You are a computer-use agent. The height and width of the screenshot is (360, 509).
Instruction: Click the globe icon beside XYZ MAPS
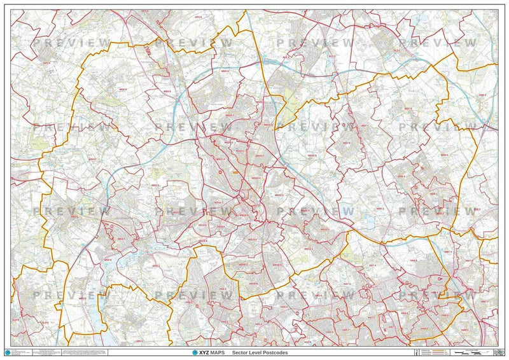(x=195, y=352)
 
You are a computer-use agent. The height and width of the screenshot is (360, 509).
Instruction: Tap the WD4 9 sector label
(x=116, y=90)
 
